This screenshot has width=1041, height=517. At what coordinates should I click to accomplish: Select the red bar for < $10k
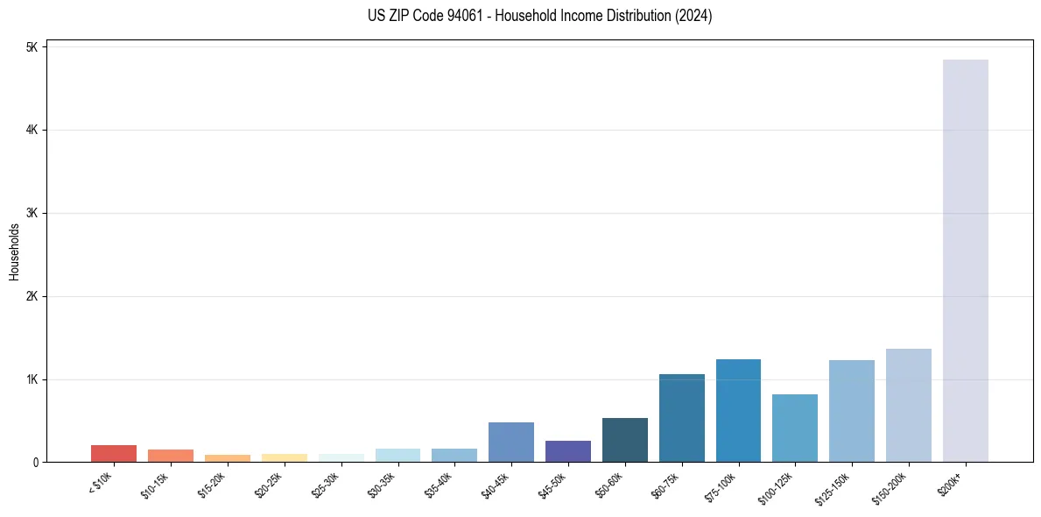pyautogui.click(x=114, y=454)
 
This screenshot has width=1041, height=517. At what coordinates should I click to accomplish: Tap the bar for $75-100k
pyautogui.click(x=738, y=411)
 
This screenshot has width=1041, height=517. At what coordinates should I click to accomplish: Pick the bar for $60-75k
pyautogui.click(x=681, y=418)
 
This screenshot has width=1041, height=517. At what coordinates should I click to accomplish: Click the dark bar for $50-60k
pyautogui.click(x=624, y=440)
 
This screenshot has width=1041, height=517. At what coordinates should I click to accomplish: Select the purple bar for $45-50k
pyautogui.click(x=567, y=451)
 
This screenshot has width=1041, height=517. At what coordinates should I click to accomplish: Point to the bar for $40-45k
pyautogui.click(x=511, y=443)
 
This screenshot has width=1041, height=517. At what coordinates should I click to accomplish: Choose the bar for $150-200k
pyautogui.click(x=908, y=406)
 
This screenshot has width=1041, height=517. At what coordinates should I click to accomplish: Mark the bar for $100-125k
pyautogui.click(x=795, y=428)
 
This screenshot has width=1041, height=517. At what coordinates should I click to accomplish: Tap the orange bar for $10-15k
pyautogui.click(x=170, y=456)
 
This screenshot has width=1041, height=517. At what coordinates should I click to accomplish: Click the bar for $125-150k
pyautogui.click(x=851, y=411)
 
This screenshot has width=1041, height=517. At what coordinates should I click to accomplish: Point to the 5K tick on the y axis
pyautogui.click(x=32, y=47)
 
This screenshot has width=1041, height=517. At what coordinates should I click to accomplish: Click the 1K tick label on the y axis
pyautogui.click(x=32, y=379)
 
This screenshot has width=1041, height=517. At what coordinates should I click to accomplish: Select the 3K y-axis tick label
pyautogui.click(x=32, y=213)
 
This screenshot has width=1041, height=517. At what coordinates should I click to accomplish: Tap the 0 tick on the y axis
pyautogui.click(x=35, y=462)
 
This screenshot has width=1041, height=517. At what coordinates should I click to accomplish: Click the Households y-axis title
pyautogui.click(x=14, y=251)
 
